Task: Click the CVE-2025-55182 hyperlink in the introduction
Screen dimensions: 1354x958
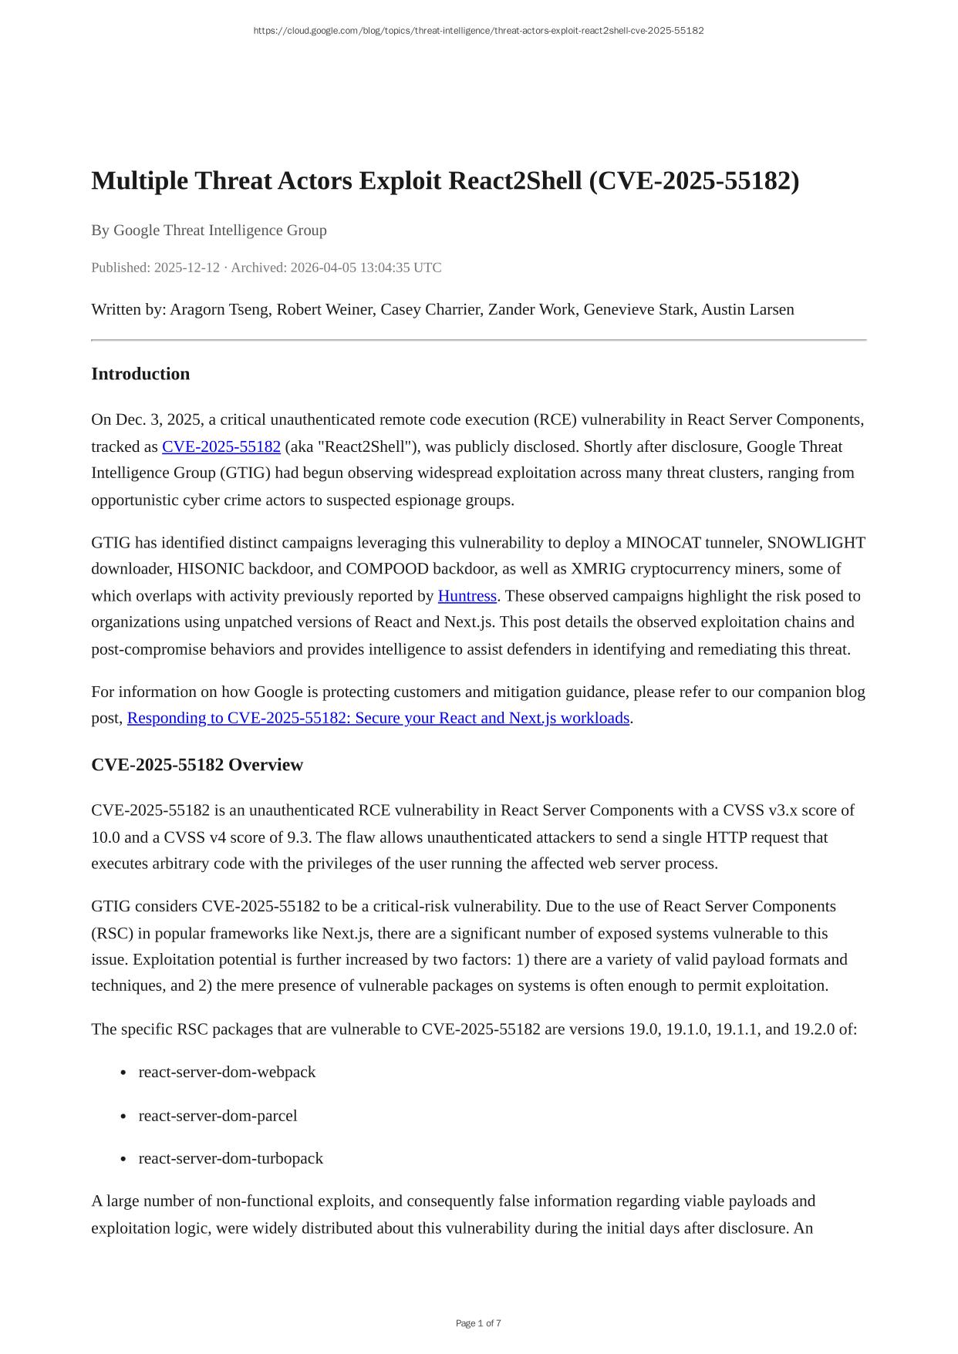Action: (221, 447)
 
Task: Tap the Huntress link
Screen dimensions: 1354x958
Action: (467, 596)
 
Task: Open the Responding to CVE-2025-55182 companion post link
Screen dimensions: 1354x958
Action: (378, 718)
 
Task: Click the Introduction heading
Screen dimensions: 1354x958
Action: (140, 374)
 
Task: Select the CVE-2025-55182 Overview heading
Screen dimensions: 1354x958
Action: (197, 765)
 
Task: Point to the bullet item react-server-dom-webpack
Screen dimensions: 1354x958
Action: (227, 1072)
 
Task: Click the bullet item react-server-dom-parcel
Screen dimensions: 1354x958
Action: (218, 1116)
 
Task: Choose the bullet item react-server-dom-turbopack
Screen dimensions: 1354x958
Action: (231, 1158)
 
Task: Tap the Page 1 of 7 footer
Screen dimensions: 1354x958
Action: (478, 1323)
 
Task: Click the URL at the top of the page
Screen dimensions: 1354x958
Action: (478, 31)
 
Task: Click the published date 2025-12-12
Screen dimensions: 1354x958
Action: (187, 268)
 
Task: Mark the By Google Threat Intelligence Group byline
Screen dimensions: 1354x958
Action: (209, 231)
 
